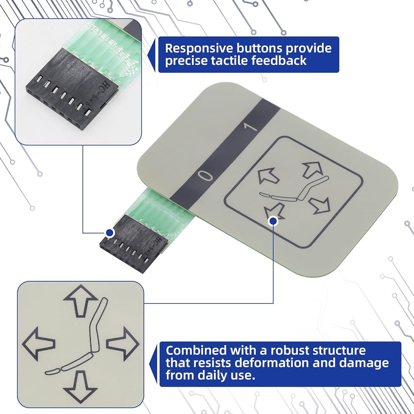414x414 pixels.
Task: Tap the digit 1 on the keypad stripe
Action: (x=251, y=127)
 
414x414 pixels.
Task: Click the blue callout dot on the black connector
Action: (x=110, y=233)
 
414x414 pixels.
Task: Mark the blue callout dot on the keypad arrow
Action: (x=273, y=221)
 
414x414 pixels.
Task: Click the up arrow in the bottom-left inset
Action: (x=79, y=300)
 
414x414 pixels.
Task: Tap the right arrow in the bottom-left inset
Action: (x=122, y=342)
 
